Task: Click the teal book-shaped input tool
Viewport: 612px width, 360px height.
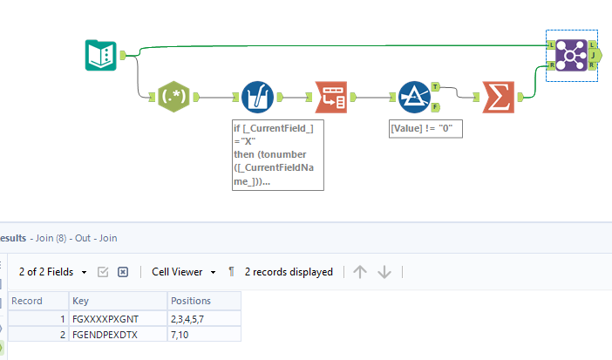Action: (x=101, y=55)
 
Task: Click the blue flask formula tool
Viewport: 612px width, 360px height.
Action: (x=256, y=96)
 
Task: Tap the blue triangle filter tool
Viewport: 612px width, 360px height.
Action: (x=413, y=96)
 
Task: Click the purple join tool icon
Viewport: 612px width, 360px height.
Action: (x=572, y=55)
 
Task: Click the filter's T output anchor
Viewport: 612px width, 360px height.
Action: (x=435, y=87)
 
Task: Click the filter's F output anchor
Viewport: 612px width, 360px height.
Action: (x=435, y=106)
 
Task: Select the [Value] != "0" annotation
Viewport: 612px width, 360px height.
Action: (x=425, y=128)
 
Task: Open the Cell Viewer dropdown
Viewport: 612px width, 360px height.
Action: (x=184, y=272)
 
